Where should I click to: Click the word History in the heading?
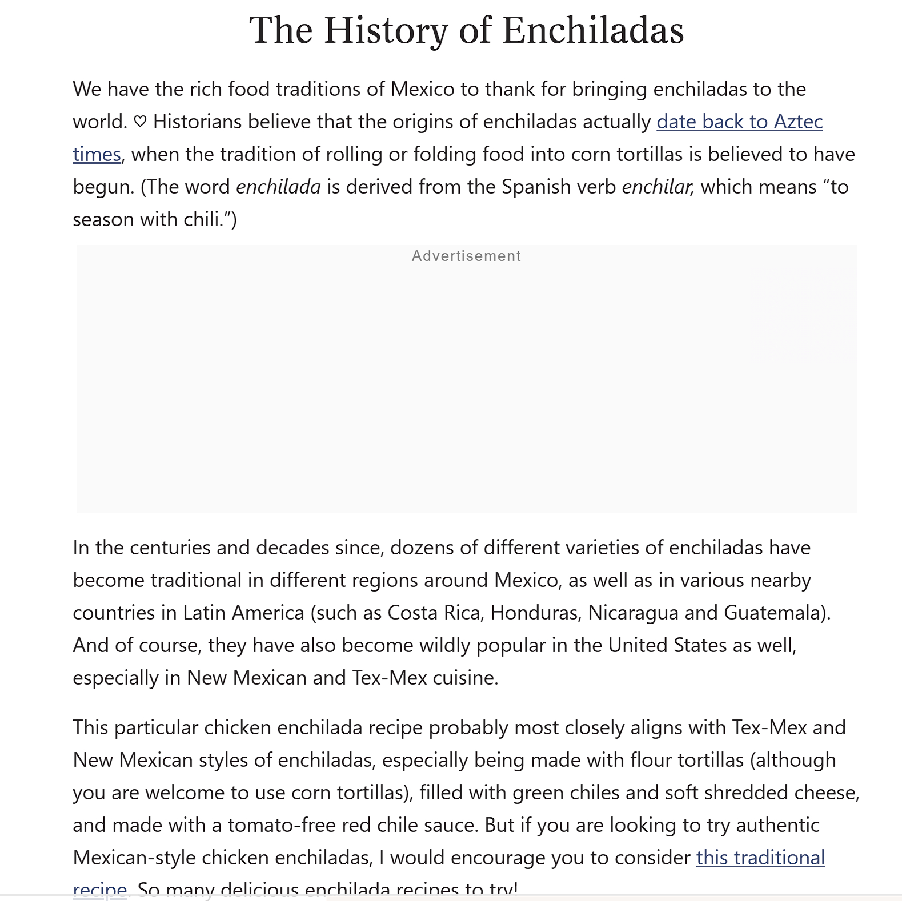(386, 30)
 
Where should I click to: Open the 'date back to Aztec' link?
(739, 122)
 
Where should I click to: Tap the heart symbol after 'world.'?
(140, 122)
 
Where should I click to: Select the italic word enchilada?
(278, 187)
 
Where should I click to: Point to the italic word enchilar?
(656, 187)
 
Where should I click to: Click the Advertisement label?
(466, 256)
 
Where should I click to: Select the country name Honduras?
(535, 613)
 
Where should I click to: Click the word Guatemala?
(775, 613)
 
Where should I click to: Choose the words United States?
(667, 645)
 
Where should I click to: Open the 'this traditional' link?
(760, 858)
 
